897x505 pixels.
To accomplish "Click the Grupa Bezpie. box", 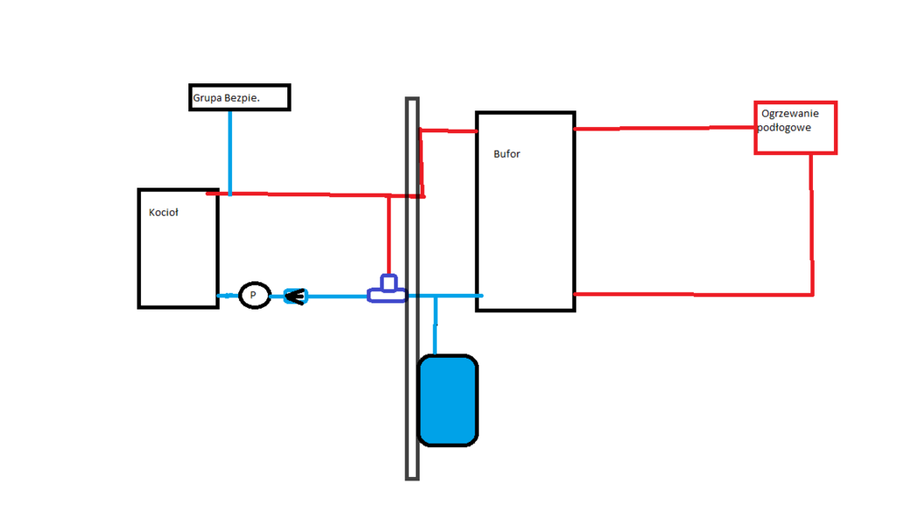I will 239,97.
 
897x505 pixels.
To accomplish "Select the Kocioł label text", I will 164,212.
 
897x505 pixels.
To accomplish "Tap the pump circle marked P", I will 254,295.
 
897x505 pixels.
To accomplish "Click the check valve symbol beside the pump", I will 295,296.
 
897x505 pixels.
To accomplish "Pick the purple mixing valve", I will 386,290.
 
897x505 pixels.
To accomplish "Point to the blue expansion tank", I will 448,400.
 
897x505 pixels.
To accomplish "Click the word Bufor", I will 506,154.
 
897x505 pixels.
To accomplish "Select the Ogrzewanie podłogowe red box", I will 795,128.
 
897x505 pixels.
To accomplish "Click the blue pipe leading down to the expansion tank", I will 435,325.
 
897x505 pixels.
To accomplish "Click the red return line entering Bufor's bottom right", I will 692,294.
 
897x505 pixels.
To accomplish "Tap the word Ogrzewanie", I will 790,114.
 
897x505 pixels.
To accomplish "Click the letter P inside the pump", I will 254,295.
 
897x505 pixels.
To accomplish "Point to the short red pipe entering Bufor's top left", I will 448,131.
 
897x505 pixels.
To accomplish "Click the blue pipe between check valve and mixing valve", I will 337,296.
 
